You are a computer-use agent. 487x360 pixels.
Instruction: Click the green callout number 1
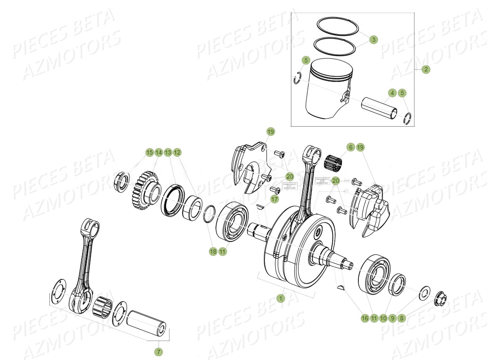(280, 298)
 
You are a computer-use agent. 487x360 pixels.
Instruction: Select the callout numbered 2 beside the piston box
(425, 69)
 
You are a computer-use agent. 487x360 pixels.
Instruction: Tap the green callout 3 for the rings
(373, 40)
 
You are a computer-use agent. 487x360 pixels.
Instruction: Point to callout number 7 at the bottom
(159, 352)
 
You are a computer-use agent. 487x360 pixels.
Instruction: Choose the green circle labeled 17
(274, 199)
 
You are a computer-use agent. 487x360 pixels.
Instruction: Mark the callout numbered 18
(213, 252)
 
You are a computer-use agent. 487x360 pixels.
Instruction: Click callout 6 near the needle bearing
(350, 147)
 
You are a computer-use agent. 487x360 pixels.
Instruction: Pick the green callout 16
(364, 318)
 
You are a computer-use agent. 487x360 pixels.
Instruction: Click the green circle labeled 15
(149, 152)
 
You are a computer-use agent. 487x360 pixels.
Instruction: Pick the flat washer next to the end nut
(423, 293)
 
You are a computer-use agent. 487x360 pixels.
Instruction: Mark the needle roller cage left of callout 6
(333, 162)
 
